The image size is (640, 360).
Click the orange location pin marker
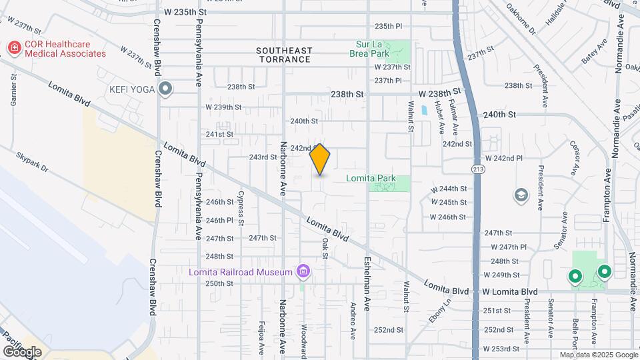click(x=320, y=159)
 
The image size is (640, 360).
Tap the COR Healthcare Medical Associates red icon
click(x=13, y=48)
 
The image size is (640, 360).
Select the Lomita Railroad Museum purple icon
click(x=304, y=271)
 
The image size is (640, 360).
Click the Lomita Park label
click(x=371, y=178)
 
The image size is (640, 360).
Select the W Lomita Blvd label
click(x=510, y=291)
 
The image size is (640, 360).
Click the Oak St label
click(x=325, y=247)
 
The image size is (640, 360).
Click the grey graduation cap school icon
click(x=521, y=195)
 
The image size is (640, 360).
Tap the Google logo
click(x=22, y=351)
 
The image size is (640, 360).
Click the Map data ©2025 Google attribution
click(x=598, y=355)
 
